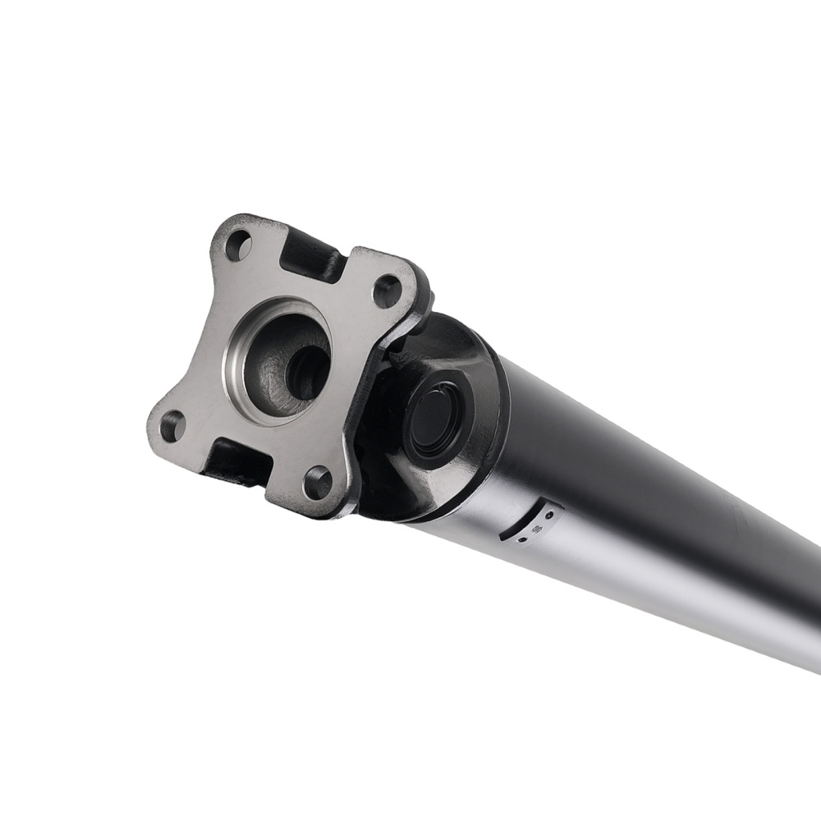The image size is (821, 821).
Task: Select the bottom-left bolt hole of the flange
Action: coord(172,426)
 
